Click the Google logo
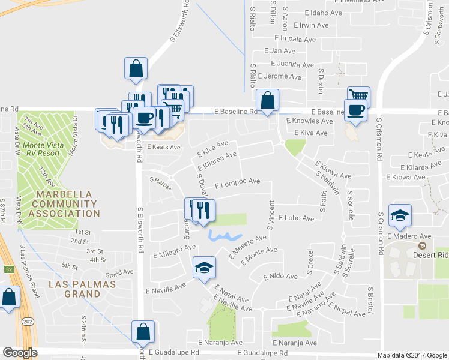[x=20, y=352]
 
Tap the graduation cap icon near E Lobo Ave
[x=400, y=215]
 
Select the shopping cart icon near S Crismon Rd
[x=358, y=96]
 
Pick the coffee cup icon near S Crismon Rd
[x=355, y=110]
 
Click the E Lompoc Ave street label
[x=237, y=181]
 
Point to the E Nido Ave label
[x=280, y=277]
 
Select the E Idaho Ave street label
[x=323, y=13]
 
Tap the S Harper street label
[x=160, y=179]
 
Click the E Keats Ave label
[x=164, y=147]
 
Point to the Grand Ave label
[x=123, y=272]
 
